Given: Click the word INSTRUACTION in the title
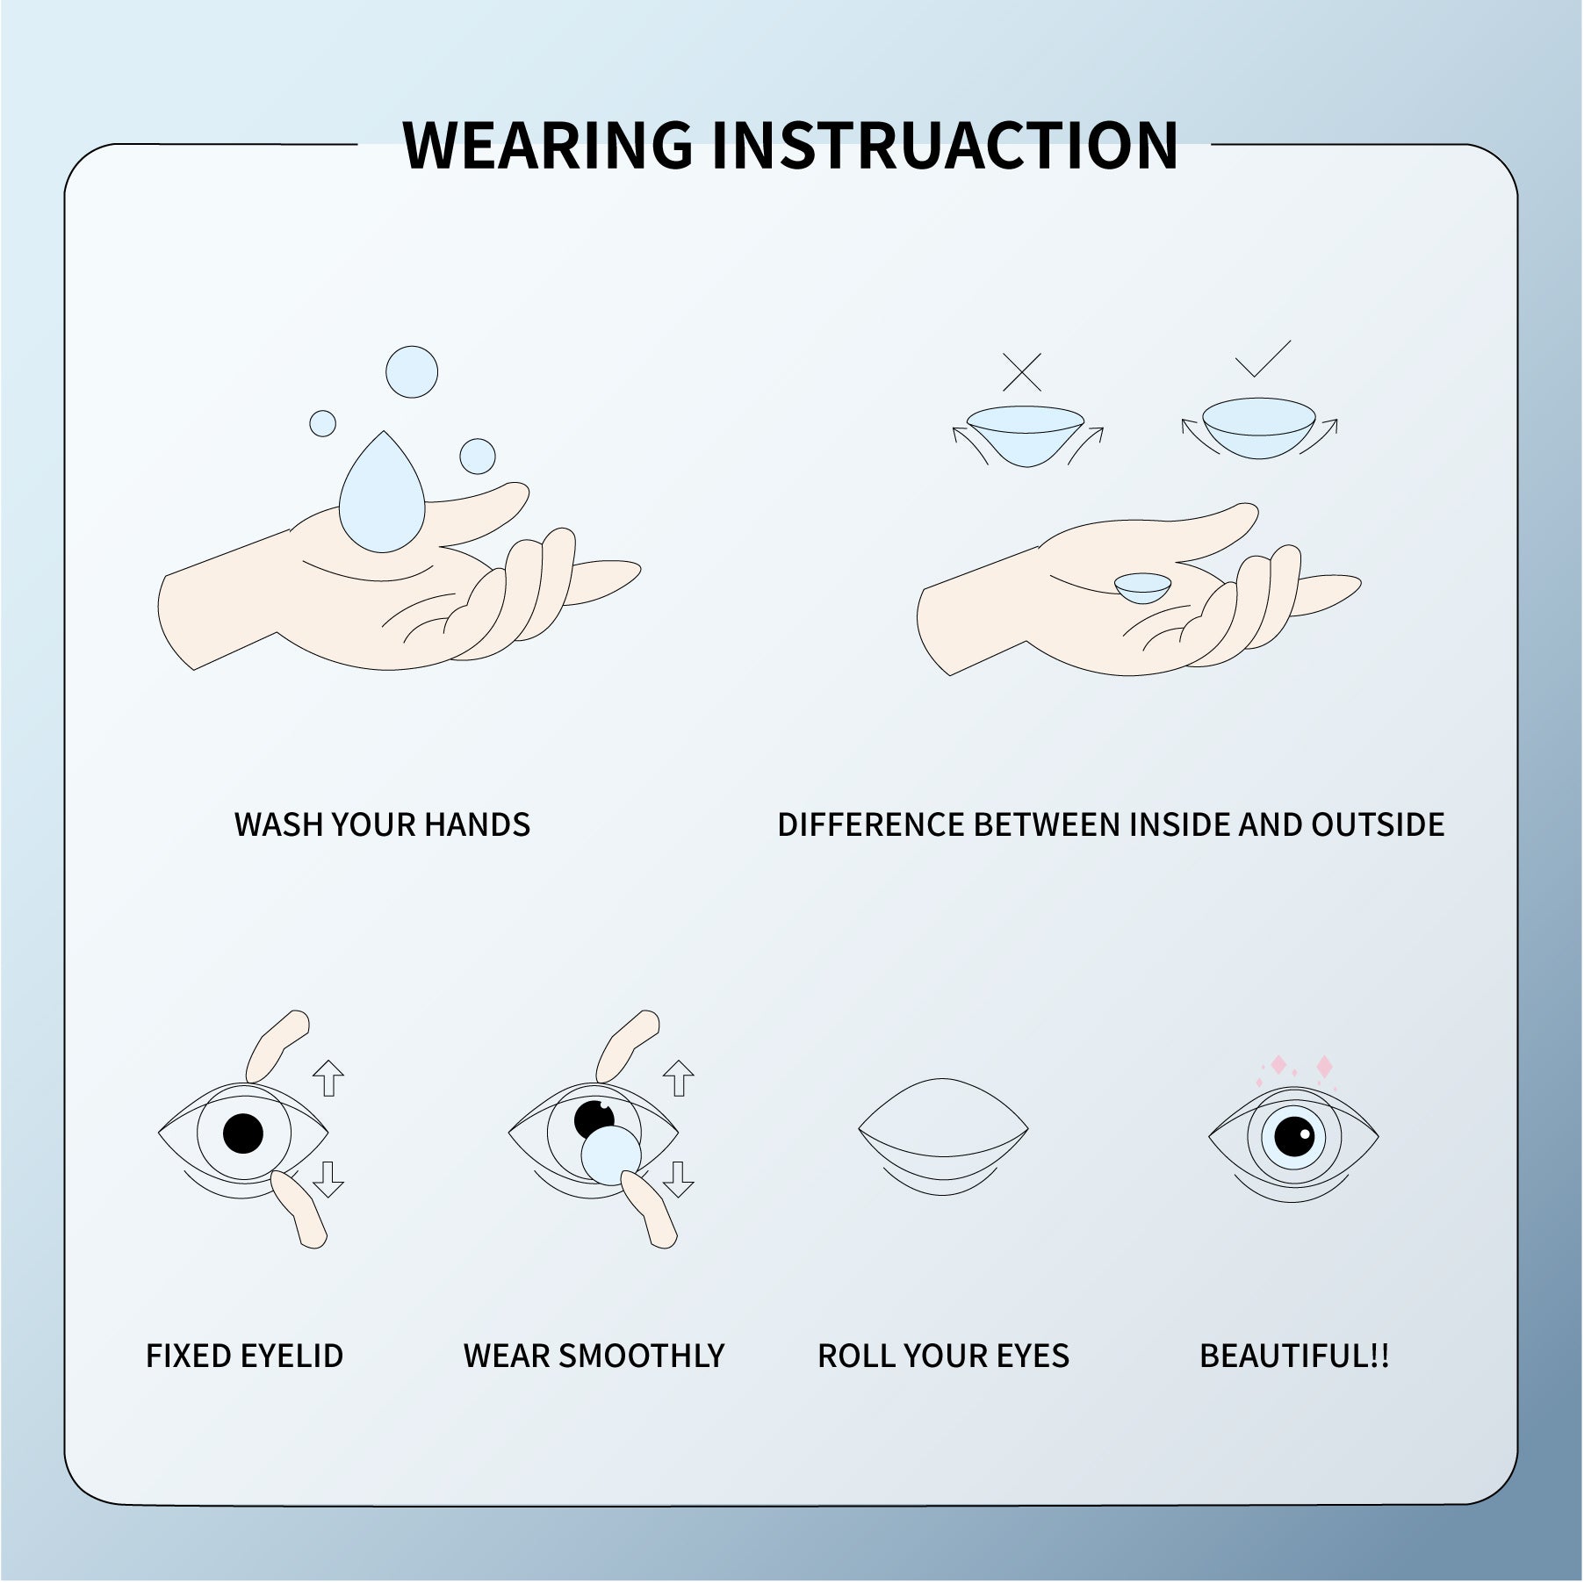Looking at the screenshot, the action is coord(944,145).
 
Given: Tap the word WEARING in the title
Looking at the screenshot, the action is coord(547,145).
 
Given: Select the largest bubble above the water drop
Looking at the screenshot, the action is coord(412,371).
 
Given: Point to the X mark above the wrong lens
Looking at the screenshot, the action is coord(1022,372).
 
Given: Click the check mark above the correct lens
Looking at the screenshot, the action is coord(1263,358).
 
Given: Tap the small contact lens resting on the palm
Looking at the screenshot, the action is coord(1143,587).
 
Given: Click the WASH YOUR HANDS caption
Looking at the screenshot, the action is coord(382,824).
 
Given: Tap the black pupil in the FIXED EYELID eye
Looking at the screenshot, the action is coord(243,1133).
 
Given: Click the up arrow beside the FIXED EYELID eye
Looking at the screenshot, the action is coord(328,1078).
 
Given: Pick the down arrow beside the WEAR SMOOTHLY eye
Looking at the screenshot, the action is coord(678,1179).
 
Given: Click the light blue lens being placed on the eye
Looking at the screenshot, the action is coord(611,1156).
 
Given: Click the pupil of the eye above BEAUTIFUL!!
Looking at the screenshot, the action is coord(1293,1137).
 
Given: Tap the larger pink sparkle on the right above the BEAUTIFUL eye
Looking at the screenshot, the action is coord(1324,1067).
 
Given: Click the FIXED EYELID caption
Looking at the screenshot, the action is coord(244,1356).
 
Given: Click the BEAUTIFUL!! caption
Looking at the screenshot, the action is coord(1294,1356).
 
